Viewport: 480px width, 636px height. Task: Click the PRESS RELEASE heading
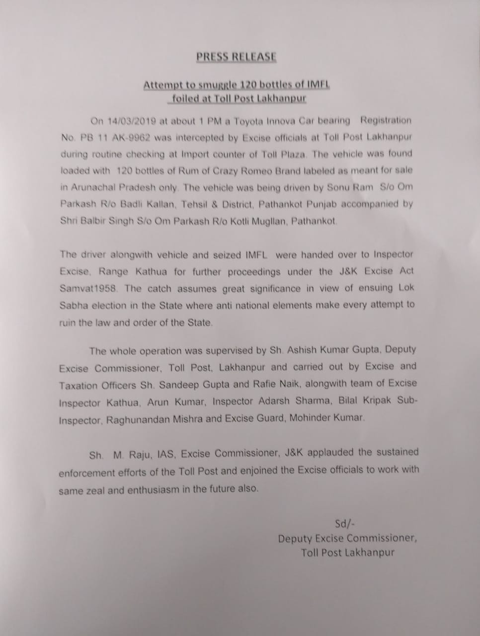click(x=236, y=57)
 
